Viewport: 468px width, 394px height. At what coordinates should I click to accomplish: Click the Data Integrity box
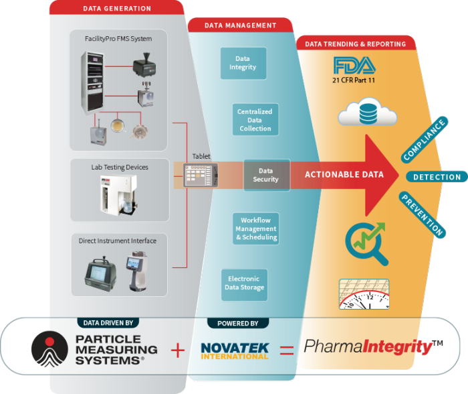click(243, 63)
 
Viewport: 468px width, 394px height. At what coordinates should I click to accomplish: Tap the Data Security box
click(265, 175)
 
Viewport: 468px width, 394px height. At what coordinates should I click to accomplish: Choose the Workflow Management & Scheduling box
click(256, 228)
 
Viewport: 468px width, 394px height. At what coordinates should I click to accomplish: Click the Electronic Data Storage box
click(245, 283)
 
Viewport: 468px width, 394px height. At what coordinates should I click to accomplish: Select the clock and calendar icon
click(365, 293)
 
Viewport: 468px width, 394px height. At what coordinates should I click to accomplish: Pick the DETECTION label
click(437, 177)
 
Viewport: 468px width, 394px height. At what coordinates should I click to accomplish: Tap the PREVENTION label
click(422, 214)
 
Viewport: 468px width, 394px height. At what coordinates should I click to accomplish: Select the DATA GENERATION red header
click(117, 9)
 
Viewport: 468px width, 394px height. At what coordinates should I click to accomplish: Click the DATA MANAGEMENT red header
click(240, 25)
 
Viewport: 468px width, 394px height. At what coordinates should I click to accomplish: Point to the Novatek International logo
click(234, 350)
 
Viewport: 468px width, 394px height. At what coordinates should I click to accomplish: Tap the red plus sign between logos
click(177, 350)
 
